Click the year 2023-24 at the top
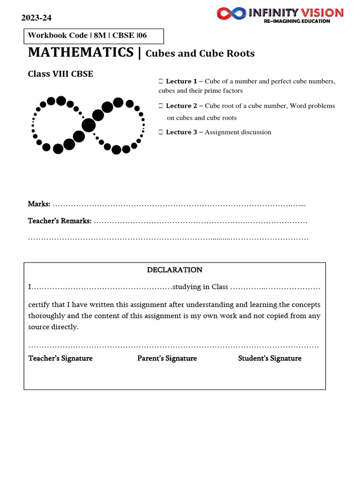click(x=37, y=18)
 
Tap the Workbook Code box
click(x=94, y=36)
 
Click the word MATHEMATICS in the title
click(x=81, y=52)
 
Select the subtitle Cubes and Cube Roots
click(x=200, y=53)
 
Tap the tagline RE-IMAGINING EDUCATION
click(x=297, y=21)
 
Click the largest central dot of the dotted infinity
click(x=88, y=125)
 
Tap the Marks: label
click(x=39, y=204)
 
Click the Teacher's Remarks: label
click(x=60, y=221)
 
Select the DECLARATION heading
click(x=174, y=270)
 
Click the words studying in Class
click(x=200, y=287)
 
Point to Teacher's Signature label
click(x=60, y=359)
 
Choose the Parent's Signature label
click(x=167, y=359)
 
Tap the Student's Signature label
click(x=270, y=359)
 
